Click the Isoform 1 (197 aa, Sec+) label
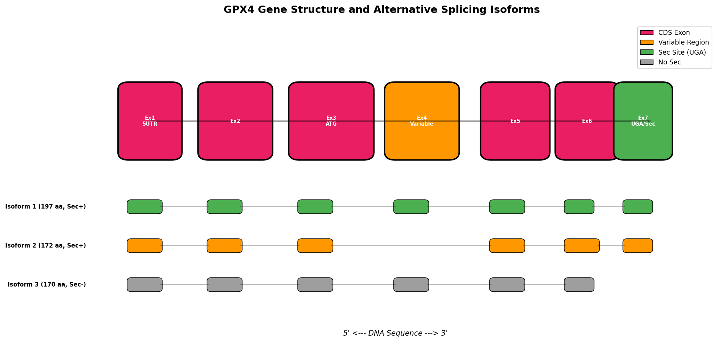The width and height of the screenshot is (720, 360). [46, 207]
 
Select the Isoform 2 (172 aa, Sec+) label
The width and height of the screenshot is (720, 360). [46, 246]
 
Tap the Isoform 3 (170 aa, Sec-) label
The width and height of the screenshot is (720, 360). [47, 285]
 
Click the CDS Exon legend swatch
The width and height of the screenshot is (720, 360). [647, 33]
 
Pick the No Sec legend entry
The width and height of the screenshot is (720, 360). [669, 62]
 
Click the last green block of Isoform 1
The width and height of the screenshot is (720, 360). [637, 207]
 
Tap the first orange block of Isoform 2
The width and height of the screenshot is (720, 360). [145, 246]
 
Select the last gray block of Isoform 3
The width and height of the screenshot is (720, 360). [579, 285]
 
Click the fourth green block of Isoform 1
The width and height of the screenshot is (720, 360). [411, 207]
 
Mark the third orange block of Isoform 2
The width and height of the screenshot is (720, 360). [315, 246]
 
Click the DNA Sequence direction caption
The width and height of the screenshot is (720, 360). [395, 333]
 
